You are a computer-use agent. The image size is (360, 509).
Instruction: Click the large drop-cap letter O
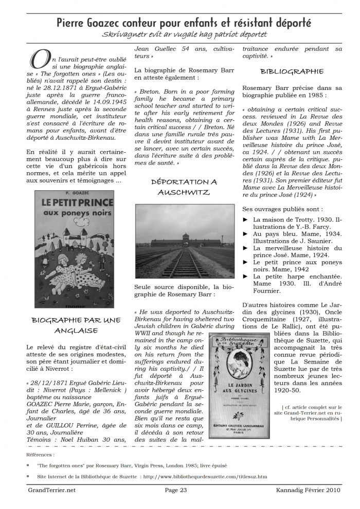point(40,60)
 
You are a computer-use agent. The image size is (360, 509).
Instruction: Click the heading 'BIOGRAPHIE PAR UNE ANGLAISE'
point(76,325)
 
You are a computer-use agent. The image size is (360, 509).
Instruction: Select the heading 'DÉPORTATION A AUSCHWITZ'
point(184,187)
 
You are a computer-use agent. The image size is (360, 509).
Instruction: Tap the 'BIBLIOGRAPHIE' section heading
point(292,71)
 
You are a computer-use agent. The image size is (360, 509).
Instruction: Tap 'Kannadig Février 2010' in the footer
point(308,490)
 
